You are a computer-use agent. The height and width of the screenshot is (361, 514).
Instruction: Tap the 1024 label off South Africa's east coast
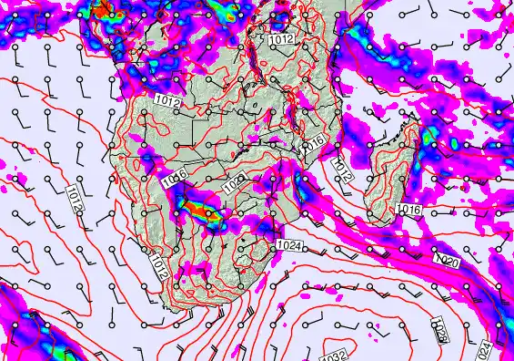coord(289,245)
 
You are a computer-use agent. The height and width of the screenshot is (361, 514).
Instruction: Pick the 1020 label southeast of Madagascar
coord(448,261)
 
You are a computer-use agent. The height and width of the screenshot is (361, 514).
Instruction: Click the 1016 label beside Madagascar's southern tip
coord(408,211)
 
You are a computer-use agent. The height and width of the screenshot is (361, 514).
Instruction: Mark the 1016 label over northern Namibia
coord(175,180)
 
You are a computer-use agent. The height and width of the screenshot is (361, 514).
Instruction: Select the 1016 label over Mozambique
coord(313,143)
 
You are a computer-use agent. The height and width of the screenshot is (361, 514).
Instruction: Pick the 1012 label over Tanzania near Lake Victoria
coord(280,40)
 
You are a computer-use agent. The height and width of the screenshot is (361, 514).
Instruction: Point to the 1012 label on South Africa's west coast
coord(158,266)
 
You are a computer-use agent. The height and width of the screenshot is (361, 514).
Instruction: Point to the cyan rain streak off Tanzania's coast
coord(357,41)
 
